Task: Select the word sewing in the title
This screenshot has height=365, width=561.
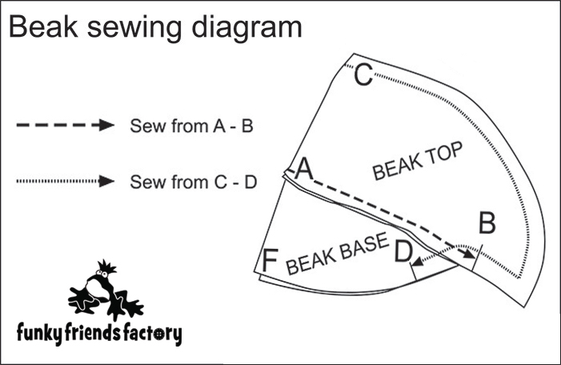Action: (140, 29)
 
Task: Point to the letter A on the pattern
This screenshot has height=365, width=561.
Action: (303, 169)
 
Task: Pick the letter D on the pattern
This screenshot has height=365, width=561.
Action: (403, 253)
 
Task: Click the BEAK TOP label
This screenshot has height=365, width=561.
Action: (419, 162)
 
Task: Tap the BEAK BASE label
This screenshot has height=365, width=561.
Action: (336, 253)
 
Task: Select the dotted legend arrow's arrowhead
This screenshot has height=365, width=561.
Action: (106, 182)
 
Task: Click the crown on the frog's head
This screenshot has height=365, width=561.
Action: (104, 267)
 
